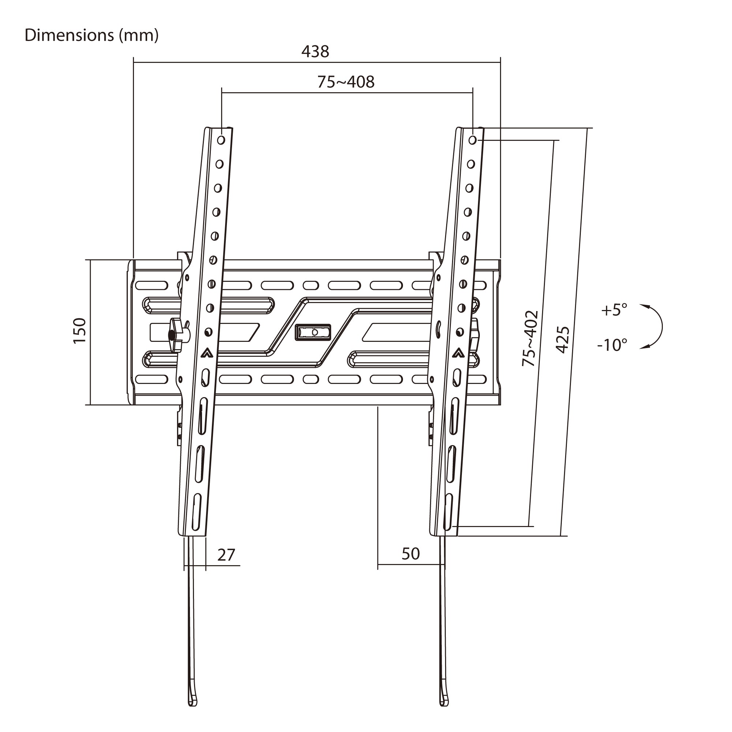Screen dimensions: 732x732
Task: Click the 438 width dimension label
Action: (x=315, y=52)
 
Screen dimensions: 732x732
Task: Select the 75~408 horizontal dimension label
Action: (x=346, y=82)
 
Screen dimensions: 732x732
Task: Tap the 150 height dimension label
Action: (x=80, y=331)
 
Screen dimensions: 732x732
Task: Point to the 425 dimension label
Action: (x=562, y=340)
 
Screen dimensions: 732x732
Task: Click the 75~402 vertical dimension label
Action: (x=530, y=338)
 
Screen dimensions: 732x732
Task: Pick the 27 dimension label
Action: (x=226, y=555)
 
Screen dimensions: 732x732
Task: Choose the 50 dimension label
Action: (x=411, y=554)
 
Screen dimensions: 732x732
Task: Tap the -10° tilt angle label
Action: (x=612, y=345)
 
